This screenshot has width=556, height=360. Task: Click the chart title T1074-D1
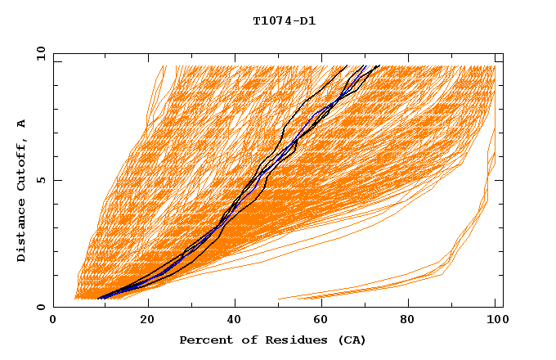pyautogui.click(x=284, y=21)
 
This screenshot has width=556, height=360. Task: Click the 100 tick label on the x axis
pyautogui.click(x=495, y=322)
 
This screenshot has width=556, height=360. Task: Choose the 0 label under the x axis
pyautogui.click(x=54, y=322)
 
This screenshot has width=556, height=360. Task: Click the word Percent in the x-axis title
pyautogui.click(x=203, y=340)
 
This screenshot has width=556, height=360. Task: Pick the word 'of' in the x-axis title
pyautogui.click(x=237, y=340)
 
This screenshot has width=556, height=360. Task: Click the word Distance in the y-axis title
pyautogui.click(x=22, y=232)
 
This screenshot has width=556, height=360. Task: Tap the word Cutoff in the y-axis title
pyautogui.click(x=22, y=162)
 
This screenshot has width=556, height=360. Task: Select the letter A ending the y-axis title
pyautogui.click(x=22, y=123)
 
